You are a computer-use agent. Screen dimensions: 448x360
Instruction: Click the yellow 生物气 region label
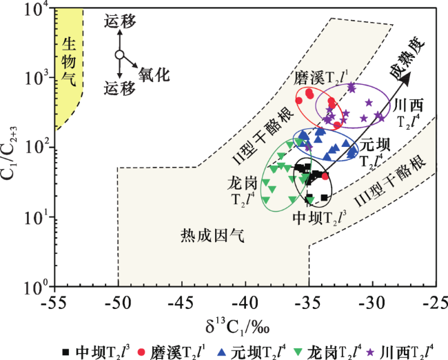[69, 61]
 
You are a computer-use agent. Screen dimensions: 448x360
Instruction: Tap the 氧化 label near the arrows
[154, 75]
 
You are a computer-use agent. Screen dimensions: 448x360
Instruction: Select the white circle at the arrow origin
[120, 54]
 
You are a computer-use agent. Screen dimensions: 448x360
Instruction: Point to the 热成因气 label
[212, 236]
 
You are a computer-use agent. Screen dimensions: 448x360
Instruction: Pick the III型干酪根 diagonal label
[390, 181]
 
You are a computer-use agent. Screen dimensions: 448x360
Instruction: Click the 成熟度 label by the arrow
[407, 59]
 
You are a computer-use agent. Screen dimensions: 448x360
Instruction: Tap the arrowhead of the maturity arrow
[406, 78]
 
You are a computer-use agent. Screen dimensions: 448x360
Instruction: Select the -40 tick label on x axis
[245, 303]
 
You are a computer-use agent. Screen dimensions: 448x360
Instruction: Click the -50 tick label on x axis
[118, 303]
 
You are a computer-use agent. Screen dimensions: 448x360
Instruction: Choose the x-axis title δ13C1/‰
[238, 327]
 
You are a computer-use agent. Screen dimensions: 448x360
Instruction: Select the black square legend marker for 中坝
[65, 352]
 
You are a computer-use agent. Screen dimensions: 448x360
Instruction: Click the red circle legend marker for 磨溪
[141, 352]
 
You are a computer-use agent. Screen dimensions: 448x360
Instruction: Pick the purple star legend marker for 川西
[371, 352]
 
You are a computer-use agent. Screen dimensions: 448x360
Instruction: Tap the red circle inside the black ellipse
[325, 176]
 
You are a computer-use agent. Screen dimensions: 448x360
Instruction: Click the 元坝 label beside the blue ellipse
[375, 145]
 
